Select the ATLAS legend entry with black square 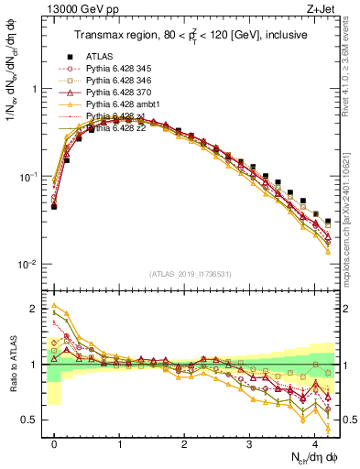103,55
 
